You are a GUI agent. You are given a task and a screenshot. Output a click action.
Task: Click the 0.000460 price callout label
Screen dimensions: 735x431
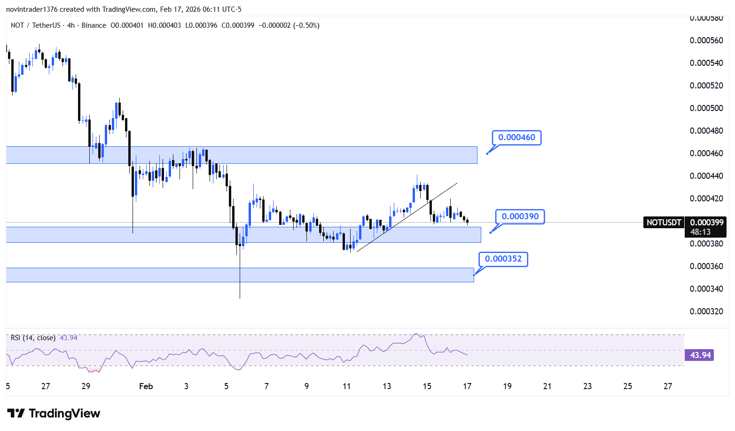click(516, 137)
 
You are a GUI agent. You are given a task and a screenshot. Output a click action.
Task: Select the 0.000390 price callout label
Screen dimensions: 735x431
click(520, 216)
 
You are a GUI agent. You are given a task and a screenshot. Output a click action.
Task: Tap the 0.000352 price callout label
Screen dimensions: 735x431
click(503, 259)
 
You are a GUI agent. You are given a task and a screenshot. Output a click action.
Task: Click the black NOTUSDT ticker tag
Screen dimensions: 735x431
click(664, 223)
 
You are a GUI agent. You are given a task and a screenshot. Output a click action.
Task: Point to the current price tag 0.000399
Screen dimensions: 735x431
click(706, 223)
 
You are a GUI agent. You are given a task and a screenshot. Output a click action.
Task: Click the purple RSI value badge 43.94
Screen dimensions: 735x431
click(699, 355)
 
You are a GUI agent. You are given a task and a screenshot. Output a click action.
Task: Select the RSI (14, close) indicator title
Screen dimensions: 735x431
click(33, 338)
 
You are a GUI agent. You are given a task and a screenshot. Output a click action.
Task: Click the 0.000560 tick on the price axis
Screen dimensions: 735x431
click(706, 40)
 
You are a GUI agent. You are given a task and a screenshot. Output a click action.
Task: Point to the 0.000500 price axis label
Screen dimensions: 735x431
click(706, 108)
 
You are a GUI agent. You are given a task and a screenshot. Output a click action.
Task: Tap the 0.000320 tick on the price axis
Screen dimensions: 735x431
click(706, 311)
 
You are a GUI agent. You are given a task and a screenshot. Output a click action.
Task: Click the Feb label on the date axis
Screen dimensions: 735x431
click(146, 386)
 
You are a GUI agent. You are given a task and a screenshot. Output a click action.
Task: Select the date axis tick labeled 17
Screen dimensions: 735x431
click(467, 386)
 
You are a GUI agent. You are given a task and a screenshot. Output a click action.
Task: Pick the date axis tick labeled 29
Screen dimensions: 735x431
click(86, 386)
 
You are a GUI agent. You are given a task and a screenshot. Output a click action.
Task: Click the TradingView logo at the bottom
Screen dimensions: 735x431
click(54, 413)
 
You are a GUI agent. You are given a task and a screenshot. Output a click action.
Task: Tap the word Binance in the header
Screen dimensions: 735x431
click(94, 25)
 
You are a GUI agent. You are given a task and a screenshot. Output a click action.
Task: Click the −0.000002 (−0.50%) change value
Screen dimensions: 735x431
click(289, 25)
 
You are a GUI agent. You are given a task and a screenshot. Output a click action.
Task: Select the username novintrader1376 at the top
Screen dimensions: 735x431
click(32, 9)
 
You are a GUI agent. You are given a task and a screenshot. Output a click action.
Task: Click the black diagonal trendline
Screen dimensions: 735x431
click(407, 217)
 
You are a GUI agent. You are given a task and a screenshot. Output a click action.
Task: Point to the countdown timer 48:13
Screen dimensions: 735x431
click(700, 232)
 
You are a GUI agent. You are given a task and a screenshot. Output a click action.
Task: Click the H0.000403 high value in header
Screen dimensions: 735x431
click(164, 25)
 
